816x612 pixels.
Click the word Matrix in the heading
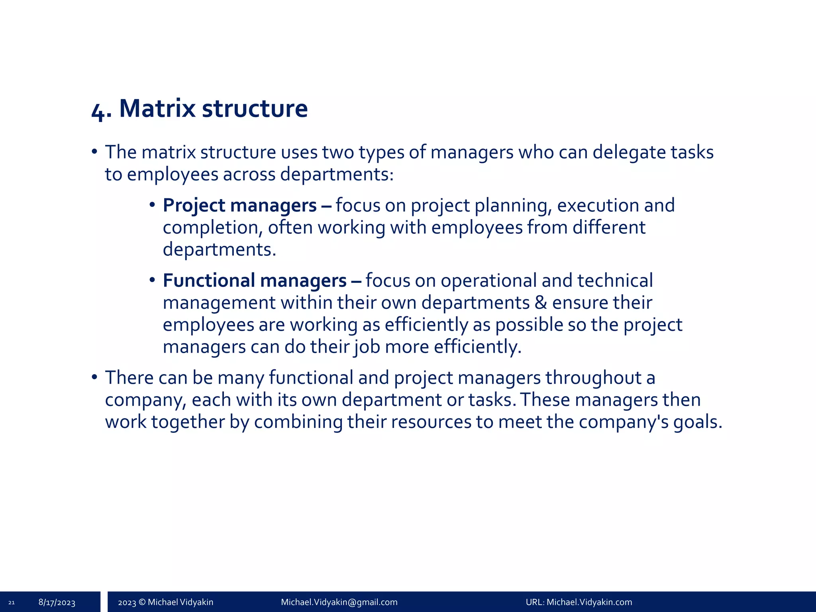[158, 108]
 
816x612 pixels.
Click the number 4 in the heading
[98, 112]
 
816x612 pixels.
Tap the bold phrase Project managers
[239, 206]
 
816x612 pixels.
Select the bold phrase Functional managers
[255, 280]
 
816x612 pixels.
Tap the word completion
[212, 228]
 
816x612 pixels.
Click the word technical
[615, 280]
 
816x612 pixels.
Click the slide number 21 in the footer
[11, 602]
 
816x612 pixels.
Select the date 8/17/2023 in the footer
[57, 602]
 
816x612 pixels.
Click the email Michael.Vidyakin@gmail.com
[339, 602]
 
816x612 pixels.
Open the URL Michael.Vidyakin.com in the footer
[589, 602]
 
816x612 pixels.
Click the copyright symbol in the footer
[142, 602]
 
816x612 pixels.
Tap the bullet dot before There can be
[94, 377]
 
